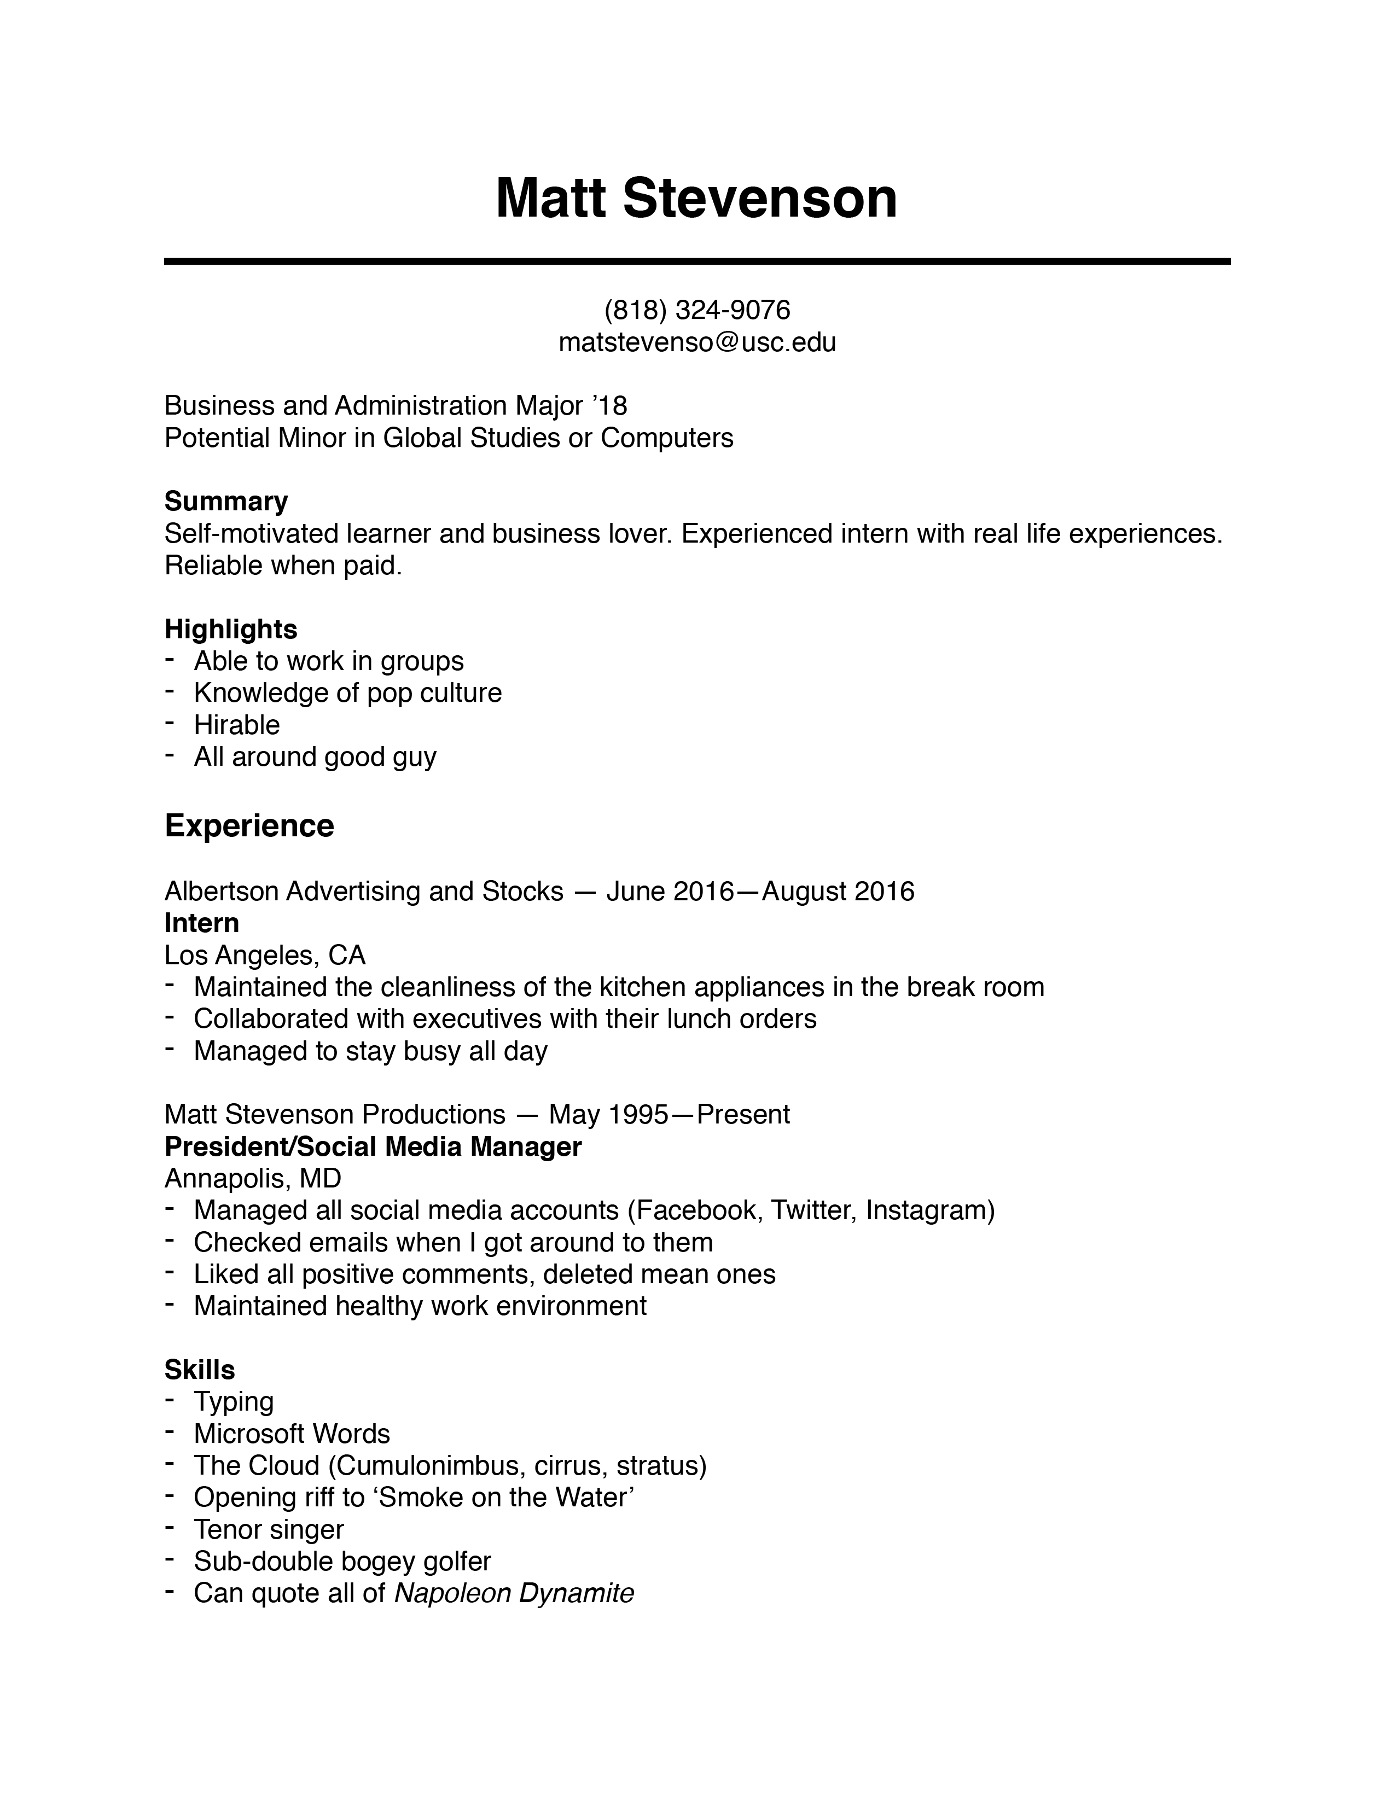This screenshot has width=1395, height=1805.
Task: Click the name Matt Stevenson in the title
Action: point(696,199)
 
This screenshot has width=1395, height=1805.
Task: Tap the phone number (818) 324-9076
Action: point(696,310)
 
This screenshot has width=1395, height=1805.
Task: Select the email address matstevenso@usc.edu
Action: point(696,342)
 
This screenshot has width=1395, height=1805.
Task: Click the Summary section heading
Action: point(225,501)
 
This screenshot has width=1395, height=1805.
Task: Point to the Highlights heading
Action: point(230,629)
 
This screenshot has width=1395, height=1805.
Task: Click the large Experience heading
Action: point(249,825)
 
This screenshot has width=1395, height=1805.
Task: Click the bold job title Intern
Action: point(202,922)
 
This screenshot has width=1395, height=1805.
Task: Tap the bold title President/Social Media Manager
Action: point(373,1146)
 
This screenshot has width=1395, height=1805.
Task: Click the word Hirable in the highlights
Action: point(236,725)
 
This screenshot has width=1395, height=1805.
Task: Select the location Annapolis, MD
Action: point(253,1178)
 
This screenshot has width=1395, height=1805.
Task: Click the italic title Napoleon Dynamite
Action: point(514,1593)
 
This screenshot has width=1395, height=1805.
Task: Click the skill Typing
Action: point(233,1402)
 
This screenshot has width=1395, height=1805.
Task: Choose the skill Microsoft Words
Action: point(292,1433)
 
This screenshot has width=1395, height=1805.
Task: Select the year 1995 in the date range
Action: point(637,1114)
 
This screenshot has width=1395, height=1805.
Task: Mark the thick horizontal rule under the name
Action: point(696,261)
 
